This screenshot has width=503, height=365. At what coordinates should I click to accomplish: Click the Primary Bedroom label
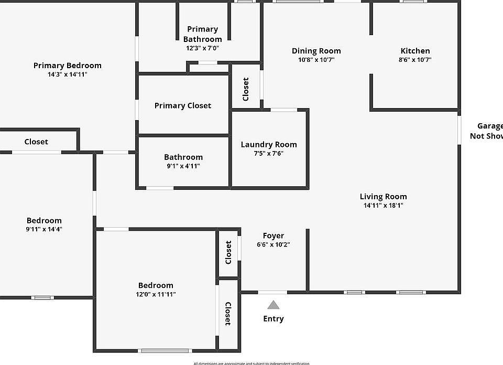[x=67, y=66]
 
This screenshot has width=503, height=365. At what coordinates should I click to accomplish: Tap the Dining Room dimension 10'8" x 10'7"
[x=316, y=60]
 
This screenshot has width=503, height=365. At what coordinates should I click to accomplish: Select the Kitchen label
[x=415, y=51]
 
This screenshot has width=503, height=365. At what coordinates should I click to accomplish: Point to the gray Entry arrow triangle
[x=273, y=305]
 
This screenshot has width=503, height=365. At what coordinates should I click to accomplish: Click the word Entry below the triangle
[x=273, y=318]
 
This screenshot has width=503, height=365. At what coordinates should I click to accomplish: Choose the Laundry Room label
[x=268, y=144]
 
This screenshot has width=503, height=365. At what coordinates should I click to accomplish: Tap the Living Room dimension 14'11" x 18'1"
[x=383, y=206]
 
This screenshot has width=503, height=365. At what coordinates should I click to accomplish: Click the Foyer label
[x=273, y=236]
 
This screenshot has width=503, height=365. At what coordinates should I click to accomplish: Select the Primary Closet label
[x=183, y=105]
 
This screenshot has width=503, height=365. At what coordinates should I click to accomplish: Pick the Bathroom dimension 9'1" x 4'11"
[x=183, y=166]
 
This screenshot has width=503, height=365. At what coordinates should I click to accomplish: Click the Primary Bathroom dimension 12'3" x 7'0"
[x=202, y=48]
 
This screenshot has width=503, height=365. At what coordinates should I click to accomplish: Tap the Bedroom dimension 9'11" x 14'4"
[x=44, y=229]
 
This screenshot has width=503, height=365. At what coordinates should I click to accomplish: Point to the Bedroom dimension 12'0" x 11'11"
[x=155, y=294]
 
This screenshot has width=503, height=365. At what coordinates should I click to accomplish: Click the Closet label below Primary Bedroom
[x=36, y=142]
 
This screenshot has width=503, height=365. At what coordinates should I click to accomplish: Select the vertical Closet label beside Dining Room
[x=246, y=89]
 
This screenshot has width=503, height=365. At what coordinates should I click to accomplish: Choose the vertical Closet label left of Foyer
[x=228, y=252]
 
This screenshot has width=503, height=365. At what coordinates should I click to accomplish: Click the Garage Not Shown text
[x=487, y=131]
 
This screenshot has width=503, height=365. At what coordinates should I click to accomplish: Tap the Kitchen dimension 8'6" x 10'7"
[x=415, y=60]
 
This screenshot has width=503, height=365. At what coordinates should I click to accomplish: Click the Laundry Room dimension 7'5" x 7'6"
[x=268, y=153]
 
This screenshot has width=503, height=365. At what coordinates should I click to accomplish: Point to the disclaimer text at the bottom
[x=251, y=363]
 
